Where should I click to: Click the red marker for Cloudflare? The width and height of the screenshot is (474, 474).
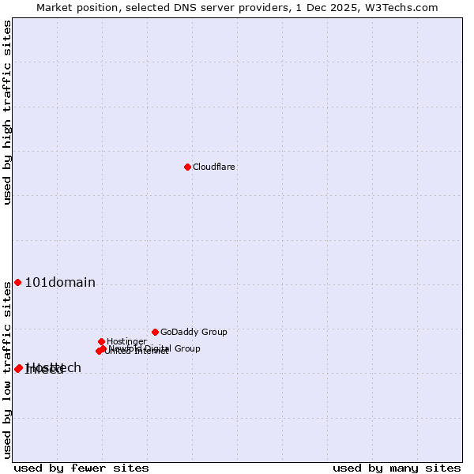tap(187, 167)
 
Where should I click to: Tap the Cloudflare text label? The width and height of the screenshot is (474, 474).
tap(214, 167)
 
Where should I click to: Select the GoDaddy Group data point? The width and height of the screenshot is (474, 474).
tap(155, 332)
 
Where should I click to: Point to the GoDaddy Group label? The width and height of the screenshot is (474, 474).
tap(194, 332)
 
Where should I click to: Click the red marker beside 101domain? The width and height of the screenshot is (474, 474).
tap(17, 283)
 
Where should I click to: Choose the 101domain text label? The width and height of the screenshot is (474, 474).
tap(60, 283)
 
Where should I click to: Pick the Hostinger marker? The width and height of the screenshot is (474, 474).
tap(101, 341)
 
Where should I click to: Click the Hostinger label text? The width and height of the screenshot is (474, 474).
tap(126, 341)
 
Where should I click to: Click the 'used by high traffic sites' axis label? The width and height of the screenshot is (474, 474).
tap(7, 112)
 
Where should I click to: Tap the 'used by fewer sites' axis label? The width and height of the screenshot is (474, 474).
tap(81, 468)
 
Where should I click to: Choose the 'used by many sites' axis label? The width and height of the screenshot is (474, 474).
tap(397, 468)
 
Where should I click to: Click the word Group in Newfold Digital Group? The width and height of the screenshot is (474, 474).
tap(186, 348)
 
